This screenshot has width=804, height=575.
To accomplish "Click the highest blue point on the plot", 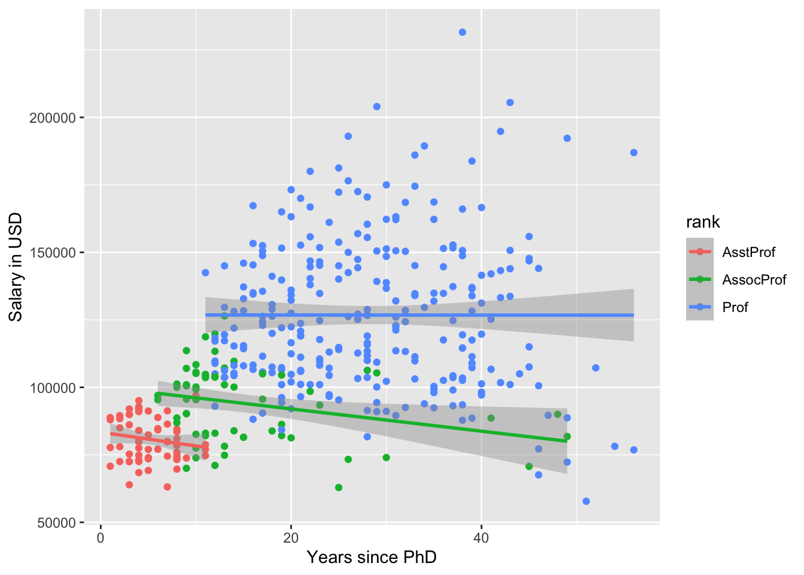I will tap(462, 32).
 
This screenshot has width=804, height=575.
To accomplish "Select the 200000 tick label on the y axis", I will tap(53, 118).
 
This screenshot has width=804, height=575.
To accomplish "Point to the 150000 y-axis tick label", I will tap(53, 253).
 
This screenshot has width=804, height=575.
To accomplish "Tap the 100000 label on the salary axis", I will tap(53, 388).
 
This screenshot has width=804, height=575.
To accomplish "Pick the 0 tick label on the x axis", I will tap(100, 537).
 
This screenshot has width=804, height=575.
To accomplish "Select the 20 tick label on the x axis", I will tap(291, 537).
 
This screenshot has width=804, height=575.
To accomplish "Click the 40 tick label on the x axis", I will tap(481, 537).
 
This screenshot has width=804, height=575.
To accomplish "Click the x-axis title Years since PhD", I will tap(371, 558).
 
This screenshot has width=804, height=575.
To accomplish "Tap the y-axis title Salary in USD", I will tap(16, 267).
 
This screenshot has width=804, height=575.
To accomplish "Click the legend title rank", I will tap(703, 222).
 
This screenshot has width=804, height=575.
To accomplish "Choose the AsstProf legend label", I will tap(748, 252).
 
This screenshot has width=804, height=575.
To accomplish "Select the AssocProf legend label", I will tap(754, 280).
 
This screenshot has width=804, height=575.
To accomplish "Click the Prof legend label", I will tap(735, 307).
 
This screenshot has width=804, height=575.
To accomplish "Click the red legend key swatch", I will tap(700, 252).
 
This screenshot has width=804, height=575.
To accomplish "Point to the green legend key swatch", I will tap(700, 280).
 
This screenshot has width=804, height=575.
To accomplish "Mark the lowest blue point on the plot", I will tap(586, 501).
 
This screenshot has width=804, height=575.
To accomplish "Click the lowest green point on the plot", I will tap(339, 488).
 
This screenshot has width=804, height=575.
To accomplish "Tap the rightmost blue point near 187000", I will tap(634, 153).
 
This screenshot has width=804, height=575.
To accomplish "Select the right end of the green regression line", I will tap(567, 441).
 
